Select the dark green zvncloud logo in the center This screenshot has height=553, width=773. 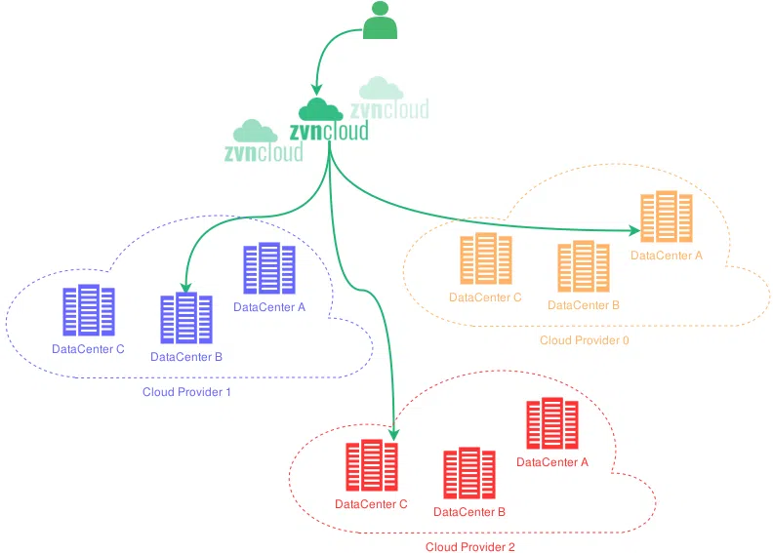(x=328, y=123)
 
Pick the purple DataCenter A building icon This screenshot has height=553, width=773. (x=269, y=269)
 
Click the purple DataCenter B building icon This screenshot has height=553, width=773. (x=185, y=319)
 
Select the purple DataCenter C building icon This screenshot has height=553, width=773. (x=88, y=311)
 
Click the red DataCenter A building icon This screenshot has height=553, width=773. (x=552, y=424)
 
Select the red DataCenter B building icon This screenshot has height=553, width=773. (x=468, y=474)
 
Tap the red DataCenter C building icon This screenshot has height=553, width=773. (x=371, y=467)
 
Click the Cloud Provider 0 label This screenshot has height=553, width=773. (x=579, y=340)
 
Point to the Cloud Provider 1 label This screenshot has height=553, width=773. (x=186, y=391)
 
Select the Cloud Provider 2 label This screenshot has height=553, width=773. (x=469, y=546)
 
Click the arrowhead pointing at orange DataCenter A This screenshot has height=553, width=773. (x=634, y=231)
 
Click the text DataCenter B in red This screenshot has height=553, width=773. (x=468, y=511)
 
